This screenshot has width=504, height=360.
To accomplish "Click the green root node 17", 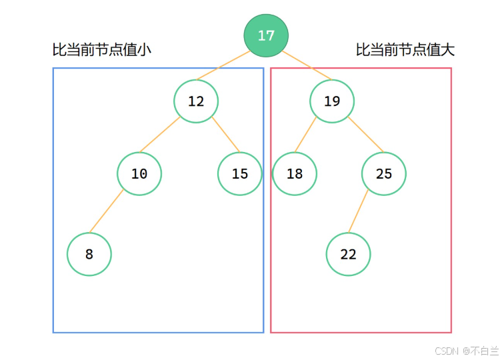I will pyautogui.click(x=266, y=35).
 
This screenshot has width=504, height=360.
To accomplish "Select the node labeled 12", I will pyautogui.click(x=196, y=101).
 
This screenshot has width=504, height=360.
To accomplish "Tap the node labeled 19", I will pyautogui.click(x=332, y=101).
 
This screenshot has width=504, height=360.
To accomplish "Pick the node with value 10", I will pyautogui.click(x=139, y=174).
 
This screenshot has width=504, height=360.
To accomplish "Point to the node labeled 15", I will pyautogui.click(x=240, y=174).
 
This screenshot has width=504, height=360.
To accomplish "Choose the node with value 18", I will pyautogui.click(x=295, y=174).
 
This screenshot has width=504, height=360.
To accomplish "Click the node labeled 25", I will pyautogui.click(x=384, y=174).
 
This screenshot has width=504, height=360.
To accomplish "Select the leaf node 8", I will pyautogui.click(x=89, y=254).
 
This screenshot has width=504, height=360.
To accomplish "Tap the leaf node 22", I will pyautogui.click(x=348, y=254).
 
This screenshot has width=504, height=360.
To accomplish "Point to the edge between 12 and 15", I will pyautogui.click(x=225, y=135).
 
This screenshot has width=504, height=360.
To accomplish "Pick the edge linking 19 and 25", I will pyautogui.click(x=364, y=135).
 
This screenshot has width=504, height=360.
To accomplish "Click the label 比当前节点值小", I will pyautogui.click(x=102, y=50).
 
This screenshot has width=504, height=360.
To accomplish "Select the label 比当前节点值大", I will pyautogui.click(x=405, y=50).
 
